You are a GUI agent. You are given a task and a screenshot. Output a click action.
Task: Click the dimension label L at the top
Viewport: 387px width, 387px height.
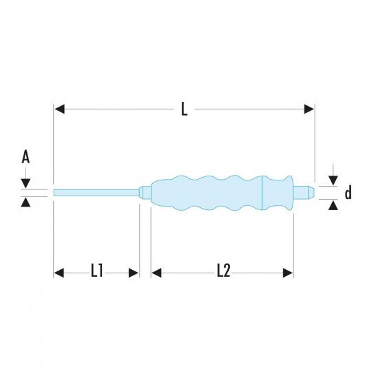tap(184, 109)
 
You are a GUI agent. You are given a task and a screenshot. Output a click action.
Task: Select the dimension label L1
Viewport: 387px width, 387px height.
tap(96, 272)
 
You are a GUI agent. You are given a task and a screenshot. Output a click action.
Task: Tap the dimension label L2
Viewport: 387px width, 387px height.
tap(222, 272)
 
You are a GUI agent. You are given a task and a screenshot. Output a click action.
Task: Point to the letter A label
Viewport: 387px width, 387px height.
tap(25, 158)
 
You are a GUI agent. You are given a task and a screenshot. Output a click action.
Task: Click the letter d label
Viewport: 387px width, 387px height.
tap(348, 193)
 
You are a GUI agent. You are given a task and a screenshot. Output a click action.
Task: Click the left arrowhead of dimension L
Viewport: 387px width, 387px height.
tap(59, 109)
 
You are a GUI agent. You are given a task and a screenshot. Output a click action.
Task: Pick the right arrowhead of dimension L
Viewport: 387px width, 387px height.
tap(309, 109)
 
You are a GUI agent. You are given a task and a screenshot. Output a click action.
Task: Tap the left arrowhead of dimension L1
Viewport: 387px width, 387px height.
tap(59, 273)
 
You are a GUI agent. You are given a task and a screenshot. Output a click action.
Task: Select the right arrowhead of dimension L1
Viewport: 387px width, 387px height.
tap(134, 273)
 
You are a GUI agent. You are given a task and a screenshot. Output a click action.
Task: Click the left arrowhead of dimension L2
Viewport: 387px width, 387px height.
tap(156, 273)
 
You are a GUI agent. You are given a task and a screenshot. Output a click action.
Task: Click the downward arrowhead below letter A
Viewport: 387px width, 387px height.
tap(25, 183)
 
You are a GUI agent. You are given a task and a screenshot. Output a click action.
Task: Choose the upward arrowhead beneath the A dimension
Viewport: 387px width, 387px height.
tap(25, 202)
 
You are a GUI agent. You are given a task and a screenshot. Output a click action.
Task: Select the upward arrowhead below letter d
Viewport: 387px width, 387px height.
tap(333, 205)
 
